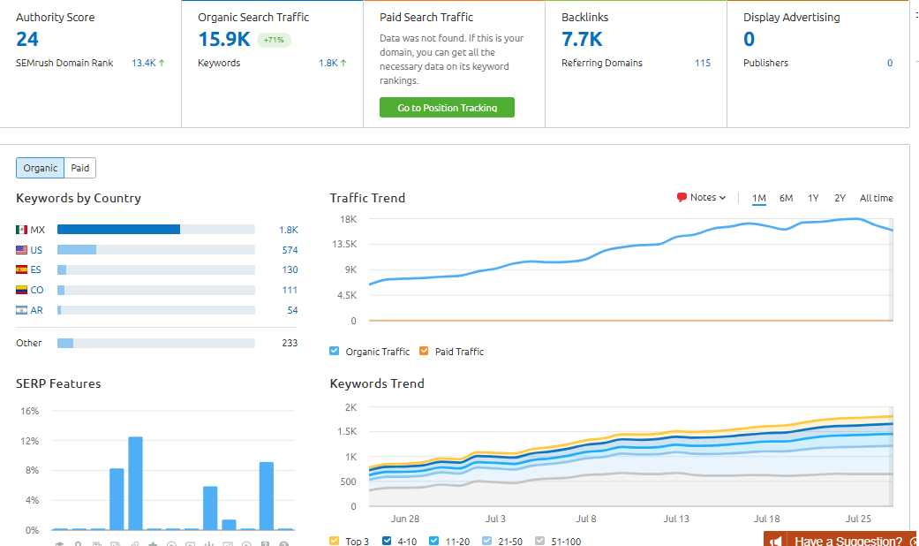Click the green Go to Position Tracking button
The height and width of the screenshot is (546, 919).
coord(447,108)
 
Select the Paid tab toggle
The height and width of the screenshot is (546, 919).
coord(80,168)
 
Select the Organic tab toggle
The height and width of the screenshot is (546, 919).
coord(41,168)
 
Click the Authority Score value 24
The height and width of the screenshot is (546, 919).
coord(27,39)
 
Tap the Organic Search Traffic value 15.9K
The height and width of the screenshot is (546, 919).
coord(224,39)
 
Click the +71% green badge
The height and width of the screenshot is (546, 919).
coord(274,40)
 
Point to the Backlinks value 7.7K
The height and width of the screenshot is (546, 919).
coord(582,39)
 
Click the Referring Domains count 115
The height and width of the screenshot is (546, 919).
coord(702,63)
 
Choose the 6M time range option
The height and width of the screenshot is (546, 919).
coord(786,198)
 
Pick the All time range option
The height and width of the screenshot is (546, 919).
coord(876,198)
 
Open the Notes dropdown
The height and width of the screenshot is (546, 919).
coord(702,198)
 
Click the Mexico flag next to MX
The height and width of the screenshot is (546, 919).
coord(22,230)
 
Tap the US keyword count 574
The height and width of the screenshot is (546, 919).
coord(290,250)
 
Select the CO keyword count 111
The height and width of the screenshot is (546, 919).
coord(290,290)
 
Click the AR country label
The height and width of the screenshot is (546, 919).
coord(37,310)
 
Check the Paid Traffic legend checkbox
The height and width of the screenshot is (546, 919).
coord(424,352)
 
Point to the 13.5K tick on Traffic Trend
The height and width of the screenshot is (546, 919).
coord(343,244)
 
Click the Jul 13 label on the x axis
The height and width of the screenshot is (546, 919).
coord(676,519)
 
